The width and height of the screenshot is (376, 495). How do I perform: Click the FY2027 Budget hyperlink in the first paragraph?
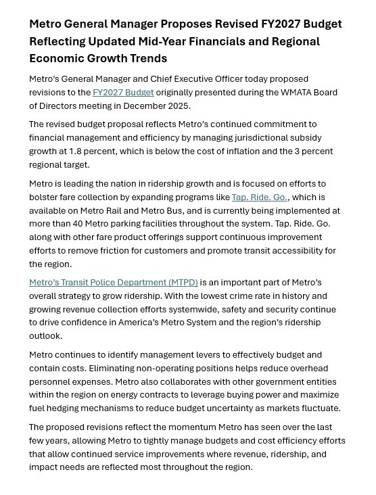click(x=123, y=93)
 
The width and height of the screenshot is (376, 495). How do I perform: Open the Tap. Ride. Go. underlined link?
click(x=260, y=197)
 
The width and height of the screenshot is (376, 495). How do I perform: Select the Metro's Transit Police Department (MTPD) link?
click(x=113, y=283)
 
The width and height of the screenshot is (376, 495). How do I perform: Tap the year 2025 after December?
click(x=178, y=106)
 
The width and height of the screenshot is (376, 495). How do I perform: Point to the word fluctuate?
click(x=318, y=408)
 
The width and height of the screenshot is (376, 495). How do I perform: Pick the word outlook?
click(x=45, y=336)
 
